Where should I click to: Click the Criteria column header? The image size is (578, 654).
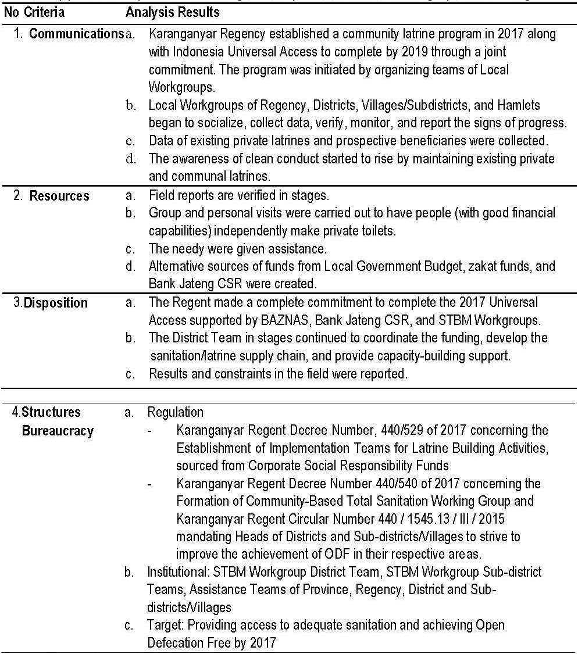pos(44,12)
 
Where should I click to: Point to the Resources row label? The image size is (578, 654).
pos(59,196)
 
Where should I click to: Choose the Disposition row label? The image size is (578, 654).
pos(56,303)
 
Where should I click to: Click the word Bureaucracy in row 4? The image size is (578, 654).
pos(58,431)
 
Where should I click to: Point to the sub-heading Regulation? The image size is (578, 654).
pos(176,413)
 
